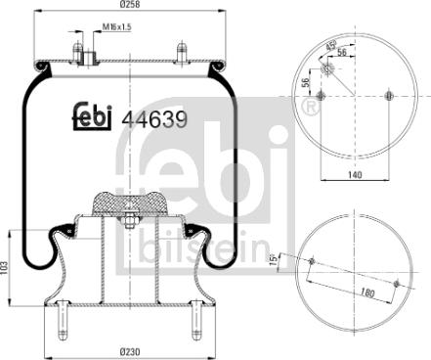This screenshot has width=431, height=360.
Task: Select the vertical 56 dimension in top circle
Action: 306,82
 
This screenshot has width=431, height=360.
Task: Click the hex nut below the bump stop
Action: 129,226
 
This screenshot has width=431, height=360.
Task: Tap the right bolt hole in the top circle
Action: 390,96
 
